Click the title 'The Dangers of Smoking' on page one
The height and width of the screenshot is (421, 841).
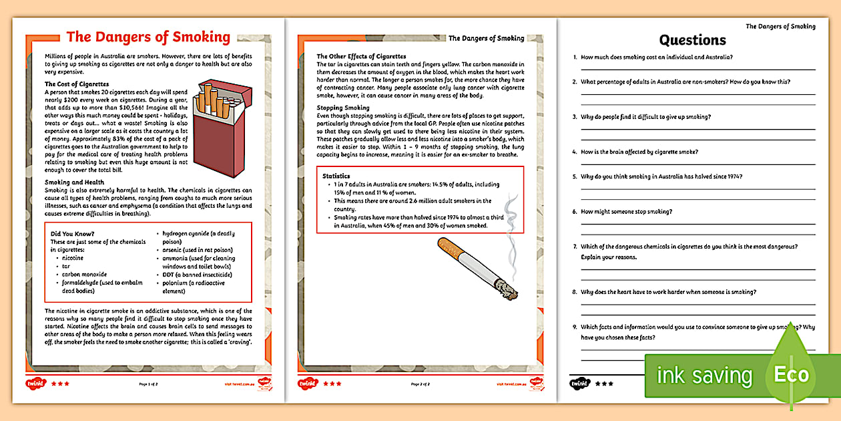click(x=148, y=37)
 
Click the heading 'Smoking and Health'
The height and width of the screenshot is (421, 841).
click(x=74, y=182)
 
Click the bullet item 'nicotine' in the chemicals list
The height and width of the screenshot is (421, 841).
click(x=73, y=257)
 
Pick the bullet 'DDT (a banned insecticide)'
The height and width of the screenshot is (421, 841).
click(x=197, y=274)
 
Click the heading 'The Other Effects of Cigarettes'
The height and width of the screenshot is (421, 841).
click(x=361, y=56)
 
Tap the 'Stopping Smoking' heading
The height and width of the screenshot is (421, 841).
click(x=343, y=108)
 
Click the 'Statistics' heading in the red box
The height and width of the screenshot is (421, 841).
click(x=336, y=176)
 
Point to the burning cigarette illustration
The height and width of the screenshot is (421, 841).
click(x=477, y=267)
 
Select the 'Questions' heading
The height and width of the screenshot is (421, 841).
click(x=692, y=40)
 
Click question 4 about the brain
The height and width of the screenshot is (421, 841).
click(x=639, y=152)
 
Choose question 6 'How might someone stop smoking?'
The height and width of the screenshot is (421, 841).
click(x=626, y=212)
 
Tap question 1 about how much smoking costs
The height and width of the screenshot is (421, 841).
click(x=657, y=57)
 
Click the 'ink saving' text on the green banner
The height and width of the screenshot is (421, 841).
click(x=704, y=376)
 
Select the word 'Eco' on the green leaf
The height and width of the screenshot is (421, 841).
click(x=791, y=374)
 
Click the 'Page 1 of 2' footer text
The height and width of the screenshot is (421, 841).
click(x=148, y=384)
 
